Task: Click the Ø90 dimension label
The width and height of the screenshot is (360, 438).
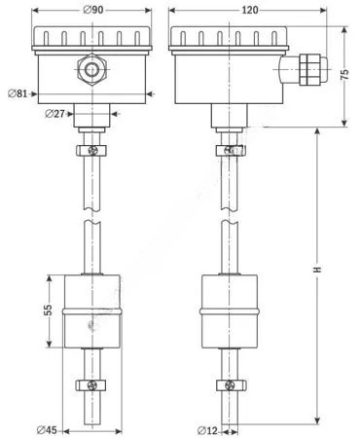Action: [x=93, y=10]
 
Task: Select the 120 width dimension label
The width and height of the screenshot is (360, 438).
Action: [x=250, y=10]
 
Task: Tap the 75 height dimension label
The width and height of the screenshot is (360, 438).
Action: [x=345, y=75]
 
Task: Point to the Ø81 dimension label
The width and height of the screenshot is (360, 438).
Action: [x=18, y=93]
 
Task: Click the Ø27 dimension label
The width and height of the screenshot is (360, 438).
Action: [x=55, y=114]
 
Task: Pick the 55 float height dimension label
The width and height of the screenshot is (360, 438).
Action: [x=48, y=310]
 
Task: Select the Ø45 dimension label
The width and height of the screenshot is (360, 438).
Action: [x=47, y=430]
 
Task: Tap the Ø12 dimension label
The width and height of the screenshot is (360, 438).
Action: [x=207, y=430]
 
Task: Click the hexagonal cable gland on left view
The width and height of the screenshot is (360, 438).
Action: [x=92, y=69]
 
